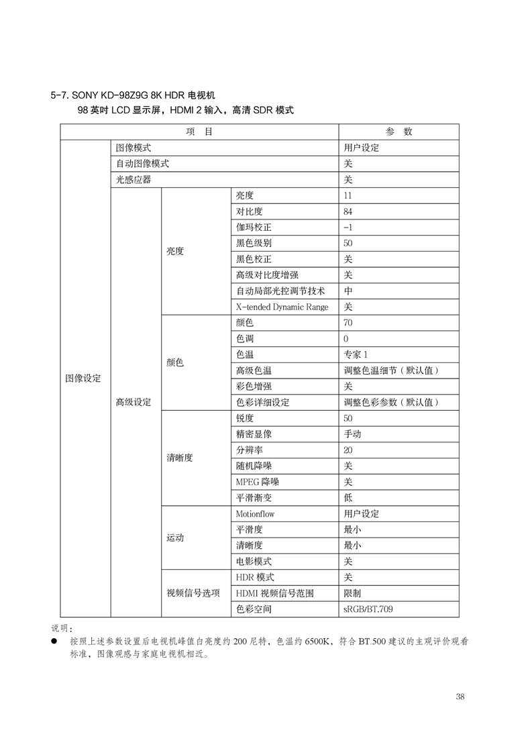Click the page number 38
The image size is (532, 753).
460,696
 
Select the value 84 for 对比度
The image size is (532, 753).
348,211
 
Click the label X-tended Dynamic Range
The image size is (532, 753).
282,307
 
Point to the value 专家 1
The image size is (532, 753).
356,354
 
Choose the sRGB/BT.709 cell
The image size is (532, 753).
368,609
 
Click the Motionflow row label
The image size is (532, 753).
255,513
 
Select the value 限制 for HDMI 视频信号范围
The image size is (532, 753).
352,593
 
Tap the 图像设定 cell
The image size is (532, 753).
83,378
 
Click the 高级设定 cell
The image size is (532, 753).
133,402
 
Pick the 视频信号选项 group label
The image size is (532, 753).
193,593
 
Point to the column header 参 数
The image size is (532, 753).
398,132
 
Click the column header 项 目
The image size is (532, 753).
199,132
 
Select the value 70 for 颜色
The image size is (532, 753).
348,323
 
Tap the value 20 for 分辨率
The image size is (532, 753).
348,450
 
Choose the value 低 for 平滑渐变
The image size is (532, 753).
348,498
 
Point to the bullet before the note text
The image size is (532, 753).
54,642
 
